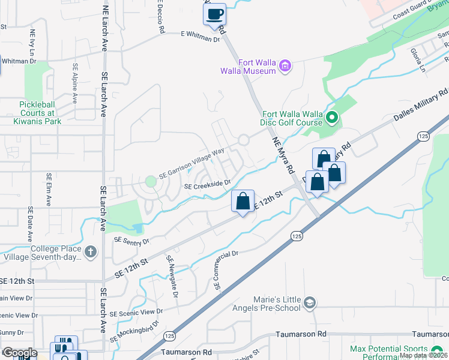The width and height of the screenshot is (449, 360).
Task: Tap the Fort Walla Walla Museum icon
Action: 285,65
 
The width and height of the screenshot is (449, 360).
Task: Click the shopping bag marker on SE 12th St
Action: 243,202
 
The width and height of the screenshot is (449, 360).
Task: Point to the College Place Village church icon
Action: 91,251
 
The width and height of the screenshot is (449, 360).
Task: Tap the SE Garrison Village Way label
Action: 191,164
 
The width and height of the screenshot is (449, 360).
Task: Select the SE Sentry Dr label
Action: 130,240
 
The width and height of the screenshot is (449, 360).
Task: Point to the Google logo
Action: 20,353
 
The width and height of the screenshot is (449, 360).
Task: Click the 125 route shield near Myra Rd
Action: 297,236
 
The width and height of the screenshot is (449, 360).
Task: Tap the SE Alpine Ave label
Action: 75,84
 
